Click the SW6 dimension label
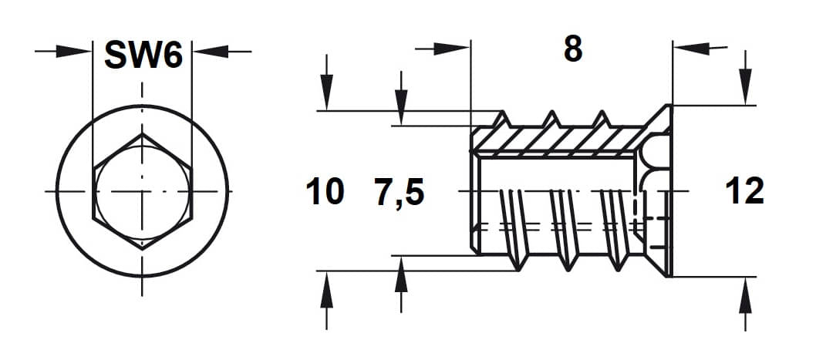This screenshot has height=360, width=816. point(143,55)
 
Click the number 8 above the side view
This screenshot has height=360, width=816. point(572,50)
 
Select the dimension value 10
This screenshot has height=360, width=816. point(325,191)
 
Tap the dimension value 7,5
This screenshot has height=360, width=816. point(400,193)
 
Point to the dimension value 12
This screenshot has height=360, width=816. point(744,191)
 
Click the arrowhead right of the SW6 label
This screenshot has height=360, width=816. point(211,51)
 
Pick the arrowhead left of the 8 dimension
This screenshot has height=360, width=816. point(452,49)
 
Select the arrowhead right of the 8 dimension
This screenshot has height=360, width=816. point(691,49)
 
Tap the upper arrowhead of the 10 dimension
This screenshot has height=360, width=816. point(326,92)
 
